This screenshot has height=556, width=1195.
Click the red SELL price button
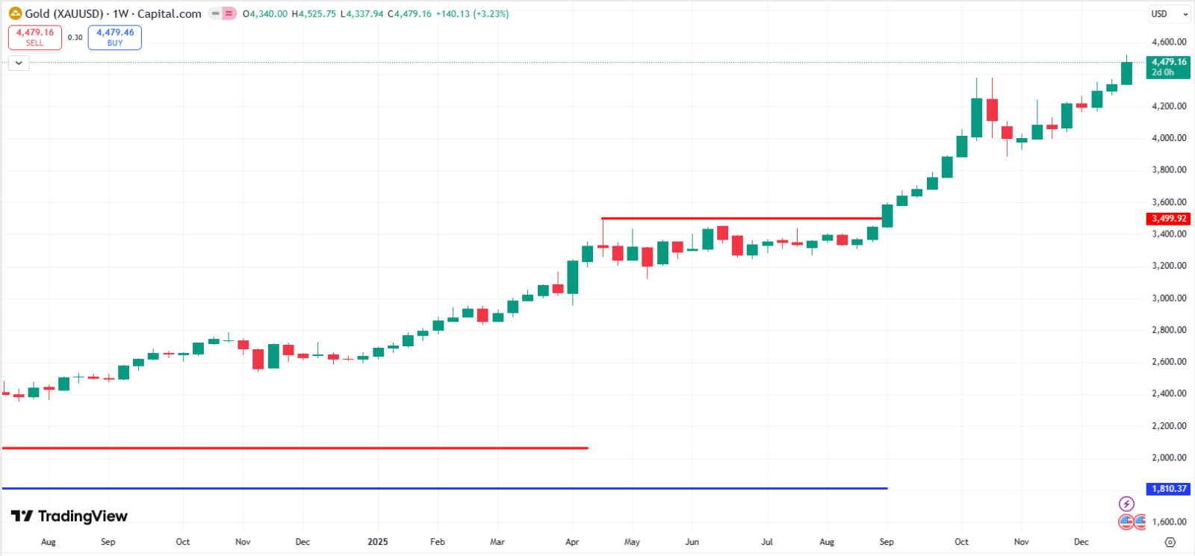click(x=35, y=37)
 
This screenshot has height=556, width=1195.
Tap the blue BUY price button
click(x=115, y=37)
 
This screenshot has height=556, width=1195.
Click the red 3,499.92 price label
click(x=1168, y=219)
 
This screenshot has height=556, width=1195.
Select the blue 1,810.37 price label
click(x=1168, y=489)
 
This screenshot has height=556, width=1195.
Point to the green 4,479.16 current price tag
click(x=1168, y=67)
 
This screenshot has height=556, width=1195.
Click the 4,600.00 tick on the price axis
click(x=1168, y=43)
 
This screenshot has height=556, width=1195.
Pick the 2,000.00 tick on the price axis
click(x=1168, y=457)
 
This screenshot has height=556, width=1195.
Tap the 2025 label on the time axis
click(x=378, y=542)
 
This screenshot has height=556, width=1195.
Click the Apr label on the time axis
click(x=572, y=542)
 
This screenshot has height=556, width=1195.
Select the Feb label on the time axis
click(x=438, y=542)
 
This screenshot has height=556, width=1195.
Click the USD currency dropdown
click(x=1169, y=14)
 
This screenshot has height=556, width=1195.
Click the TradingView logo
click(x=69, y=516)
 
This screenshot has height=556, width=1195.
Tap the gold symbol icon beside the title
click(x=15, y=13)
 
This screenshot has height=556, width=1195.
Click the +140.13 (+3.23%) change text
click(x=472, y=13)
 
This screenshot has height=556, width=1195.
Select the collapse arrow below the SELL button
click(x=19, y=63)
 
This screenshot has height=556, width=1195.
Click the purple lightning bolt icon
click(x=1126, y=504)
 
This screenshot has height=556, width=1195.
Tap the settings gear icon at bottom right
click(x=1170, y=542)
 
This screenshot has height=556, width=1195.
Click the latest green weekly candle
click(x=1126, y=73)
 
